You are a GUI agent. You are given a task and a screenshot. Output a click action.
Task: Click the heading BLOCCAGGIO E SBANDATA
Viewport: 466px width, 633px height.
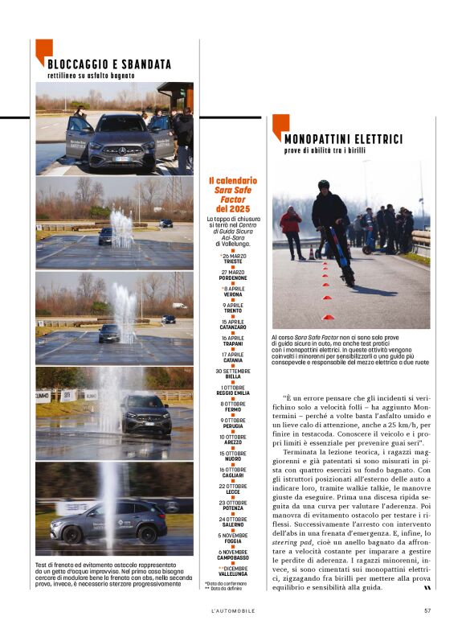pyautogui.click(x=108, y=64)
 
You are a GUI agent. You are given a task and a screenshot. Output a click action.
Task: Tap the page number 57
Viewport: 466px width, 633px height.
pyautogui.click(x=427, y=610)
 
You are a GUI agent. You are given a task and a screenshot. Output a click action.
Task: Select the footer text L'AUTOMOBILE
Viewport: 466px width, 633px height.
pyautogui.click(x=232, y=610)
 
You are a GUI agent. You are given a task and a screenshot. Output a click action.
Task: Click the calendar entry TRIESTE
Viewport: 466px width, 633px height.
pyautogui.click(x=233, y=261)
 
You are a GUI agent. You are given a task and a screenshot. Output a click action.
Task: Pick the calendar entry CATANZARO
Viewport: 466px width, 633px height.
pyautogui.click(x=233, y=327)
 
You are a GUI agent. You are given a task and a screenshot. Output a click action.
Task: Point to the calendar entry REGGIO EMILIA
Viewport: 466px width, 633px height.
pyautogui.click(x=233, y=393)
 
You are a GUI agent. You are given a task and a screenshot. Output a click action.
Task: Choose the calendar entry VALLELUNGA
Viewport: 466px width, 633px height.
pyautogui.click(x=233, y=573)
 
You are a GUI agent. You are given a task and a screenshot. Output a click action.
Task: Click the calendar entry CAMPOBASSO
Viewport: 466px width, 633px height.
pyautogui.click(x=233, y=557)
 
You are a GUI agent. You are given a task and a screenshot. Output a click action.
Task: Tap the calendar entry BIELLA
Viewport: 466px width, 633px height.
pyautogui.click(x=233, y=376)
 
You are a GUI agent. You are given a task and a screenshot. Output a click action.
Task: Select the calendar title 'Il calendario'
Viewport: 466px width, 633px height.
pyautogui.click(x=233, y=181)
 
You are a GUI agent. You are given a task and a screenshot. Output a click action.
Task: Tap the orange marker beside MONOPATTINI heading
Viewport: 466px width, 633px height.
pyautogui.click(x=280, y=127)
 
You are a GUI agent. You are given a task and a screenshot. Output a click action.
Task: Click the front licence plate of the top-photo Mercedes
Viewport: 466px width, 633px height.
pyautogui.click(x=122, y=158)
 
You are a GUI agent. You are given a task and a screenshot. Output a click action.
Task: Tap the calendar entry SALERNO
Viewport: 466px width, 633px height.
pyautogui.click(x=233, y=524)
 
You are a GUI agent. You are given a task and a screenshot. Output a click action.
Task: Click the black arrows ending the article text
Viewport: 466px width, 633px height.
pyautogui.click(x=415, y=587)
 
